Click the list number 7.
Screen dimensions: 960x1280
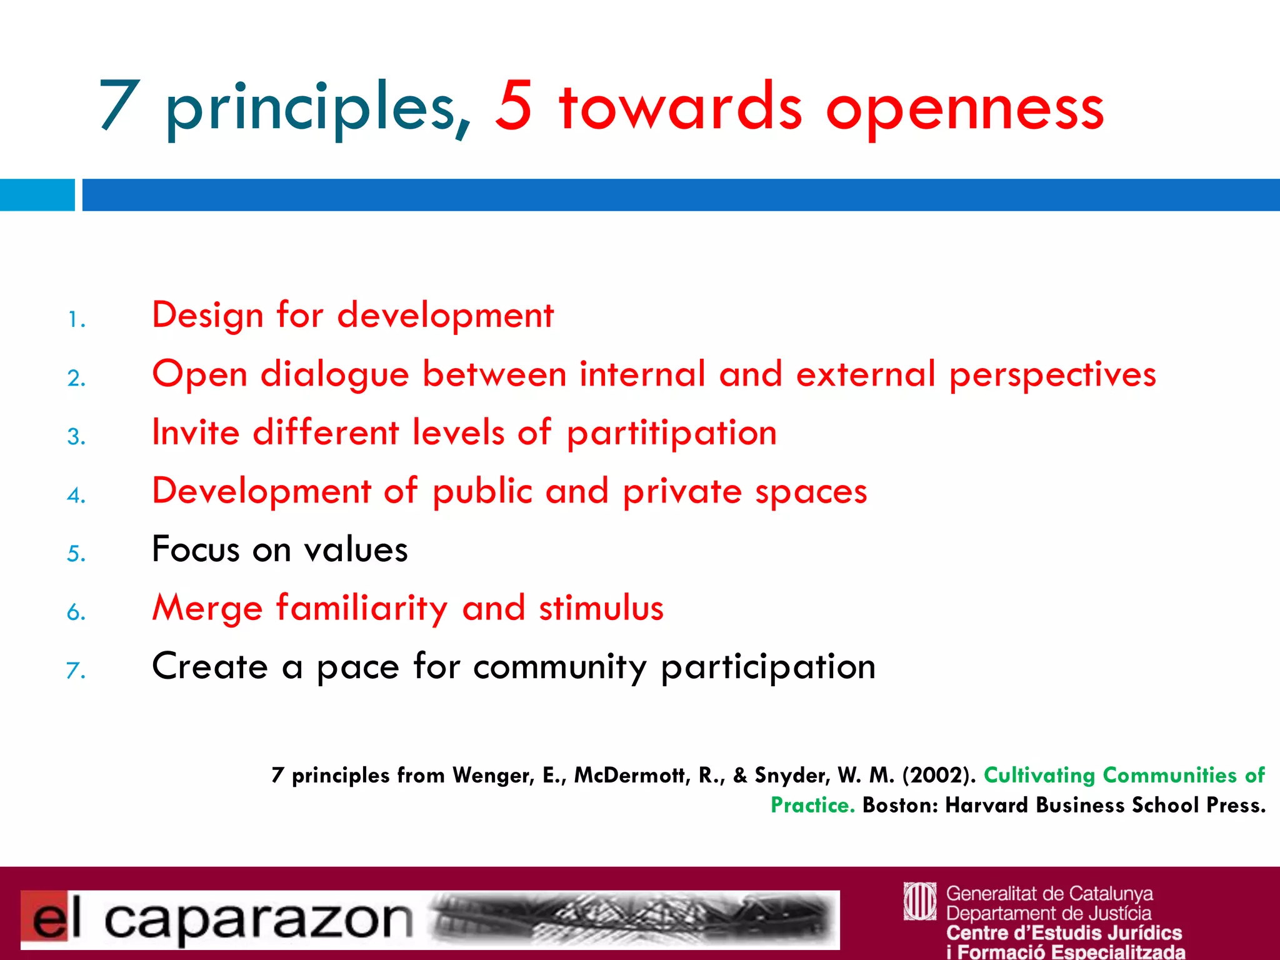coord(76,671)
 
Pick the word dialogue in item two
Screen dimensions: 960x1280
coord(334,376)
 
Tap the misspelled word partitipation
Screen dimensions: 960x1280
coord(672,434)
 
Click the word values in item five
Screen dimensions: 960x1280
coord(356,550)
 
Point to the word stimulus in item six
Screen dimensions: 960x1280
coord(601,608)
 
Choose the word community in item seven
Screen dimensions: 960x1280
coord(560,667)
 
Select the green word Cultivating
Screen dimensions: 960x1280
coord(1039,776)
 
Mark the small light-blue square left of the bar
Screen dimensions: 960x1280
coord(37,195)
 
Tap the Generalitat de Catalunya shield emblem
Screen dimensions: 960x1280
coord(920,901)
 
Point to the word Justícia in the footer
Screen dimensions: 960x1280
coord(1119,913)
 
